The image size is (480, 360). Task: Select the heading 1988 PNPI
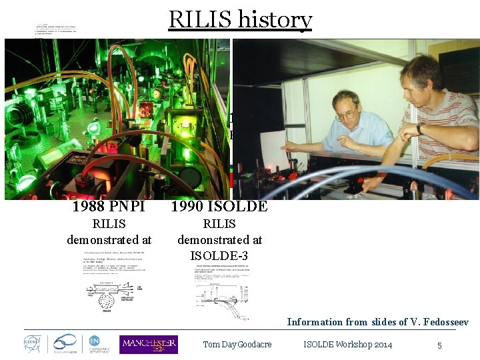point(109,207)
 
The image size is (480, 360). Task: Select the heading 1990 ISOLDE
point(219,207)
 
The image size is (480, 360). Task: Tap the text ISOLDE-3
point(219,255)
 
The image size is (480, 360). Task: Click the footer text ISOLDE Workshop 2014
point(347,345)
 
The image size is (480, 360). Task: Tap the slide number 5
point(439,345)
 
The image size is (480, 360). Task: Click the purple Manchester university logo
point(148,344)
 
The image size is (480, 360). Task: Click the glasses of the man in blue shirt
point(347,115)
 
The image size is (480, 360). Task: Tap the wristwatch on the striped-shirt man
point(420,128)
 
